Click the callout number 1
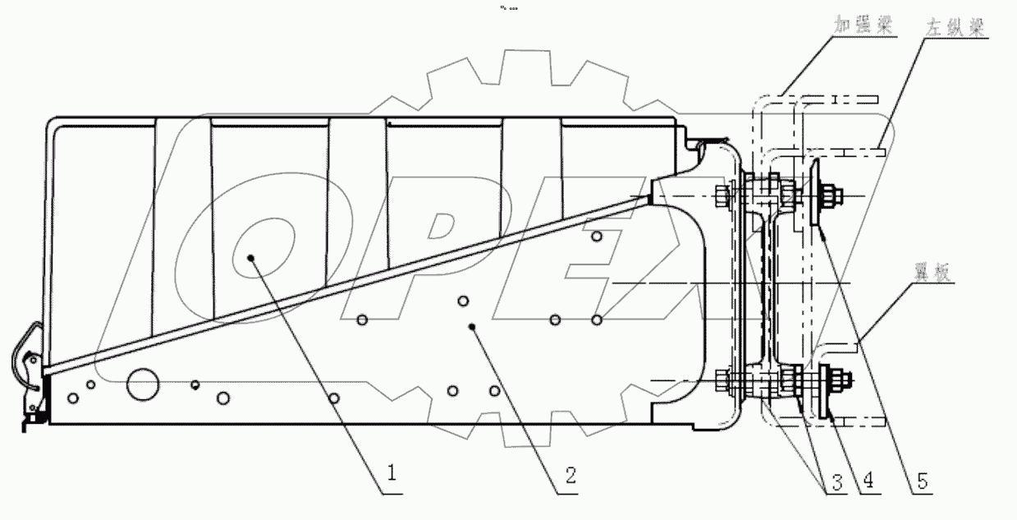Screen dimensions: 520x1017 [392, 473]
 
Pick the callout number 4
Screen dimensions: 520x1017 [866, 483]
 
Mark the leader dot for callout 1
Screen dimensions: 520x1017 [250, 257]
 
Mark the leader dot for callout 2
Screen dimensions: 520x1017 [472, 327]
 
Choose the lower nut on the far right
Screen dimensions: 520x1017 [841, 380]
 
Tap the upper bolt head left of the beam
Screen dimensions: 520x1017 [723, 196]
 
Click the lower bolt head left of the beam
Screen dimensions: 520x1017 [723, 381]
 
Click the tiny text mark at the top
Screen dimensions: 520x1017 [508, 8]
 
